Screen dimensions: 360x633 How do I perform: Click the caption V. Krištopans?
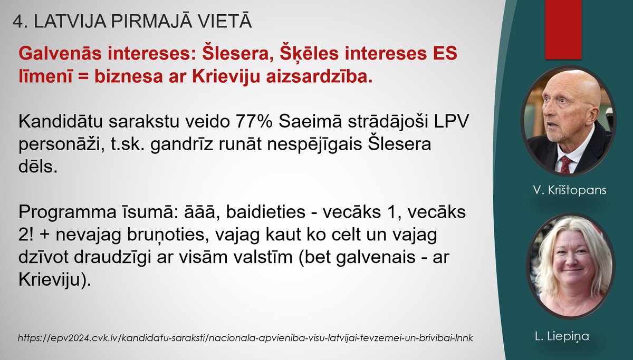pos(569,190)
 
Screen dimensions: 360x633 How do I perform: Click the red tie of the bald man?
pos(565,165)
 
